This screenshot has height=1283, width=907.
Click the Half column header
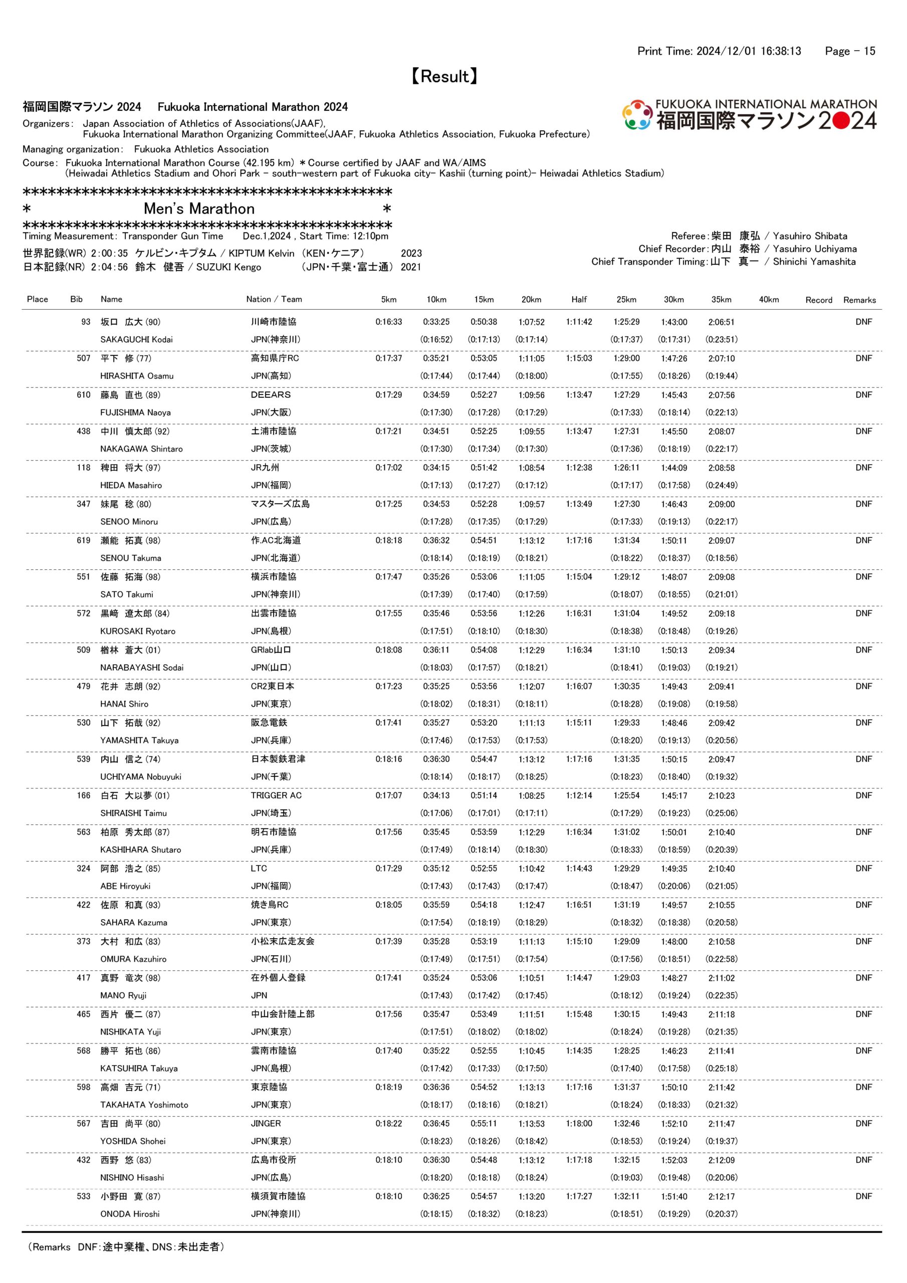point(579,300)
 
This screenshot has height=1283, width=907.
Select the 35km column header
point(722,300)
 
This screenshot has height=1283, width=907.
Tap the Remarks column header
point(859,300)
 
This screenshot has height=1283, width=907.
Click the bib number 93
point(86,322)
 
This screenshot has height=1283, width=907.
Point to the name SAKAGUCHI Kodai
point(136,339)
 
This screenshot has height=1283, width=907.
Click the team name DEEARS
point(271,394)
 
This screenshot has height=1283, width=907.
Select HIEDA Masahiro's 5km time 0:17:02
point(388,468)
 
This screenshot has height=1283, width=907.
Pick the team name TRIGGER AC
point(276,795)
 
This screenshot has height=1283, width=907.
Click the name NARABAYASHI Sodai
point(142,667)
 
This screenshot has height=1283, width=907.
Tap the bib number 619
point(83,540)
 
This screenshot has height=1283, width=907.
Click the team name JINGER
point(266,1123)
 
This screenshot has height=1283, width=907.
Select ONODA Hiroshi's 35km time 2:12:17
point(722,1196)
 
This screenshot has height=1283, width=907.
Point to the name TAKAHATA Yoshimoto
point(144,1105)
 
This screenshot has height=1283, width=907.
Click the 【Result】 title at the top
point(445,77)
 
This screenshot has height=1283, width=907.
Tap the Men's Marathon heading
point(199,209)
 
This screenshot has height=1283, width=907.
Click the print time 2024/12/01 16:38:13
point(748,52)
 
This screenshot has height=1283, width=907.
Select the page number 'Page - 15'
point(850,52)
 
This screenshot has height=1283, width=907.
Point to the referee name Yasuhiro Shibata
point(810,236)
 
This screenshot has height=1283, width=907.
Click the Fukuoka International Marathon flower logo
point(636,115)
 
